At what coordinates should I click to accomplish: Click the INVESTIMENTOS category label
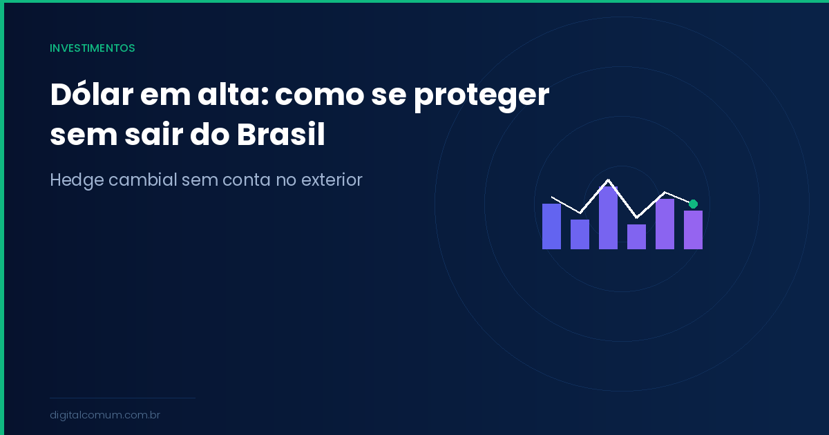[x=92, y=48]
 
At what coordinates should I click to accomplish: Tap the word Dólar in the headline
[x=90, y=95]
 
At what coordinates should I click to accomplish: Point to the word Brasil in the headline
[x=280, y=135]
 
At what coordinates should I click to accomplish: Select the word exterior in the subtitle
[x=330, y=180]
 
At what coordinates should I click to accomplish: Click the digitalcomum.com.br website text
[x=105, y=415]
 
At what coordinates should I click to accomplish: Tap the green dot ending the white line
[x=693, y=204]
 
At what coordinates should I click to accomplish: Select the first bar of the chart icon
[x=551, y=226]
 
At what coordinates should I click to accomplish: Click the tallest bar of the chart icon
[x=608, y=217]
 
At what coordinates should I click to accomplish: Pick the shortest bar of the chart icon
[x=636, y=237]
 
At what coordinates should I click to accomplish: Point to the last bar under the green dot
[x=693, y=230]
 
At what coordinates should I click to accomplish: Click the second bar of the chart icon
[x=580, y=234]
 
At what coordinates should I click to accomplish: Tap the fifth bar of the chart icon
[x=665, y=224]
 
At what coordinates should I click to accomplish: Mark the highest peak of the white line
[x=608, y=180]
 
